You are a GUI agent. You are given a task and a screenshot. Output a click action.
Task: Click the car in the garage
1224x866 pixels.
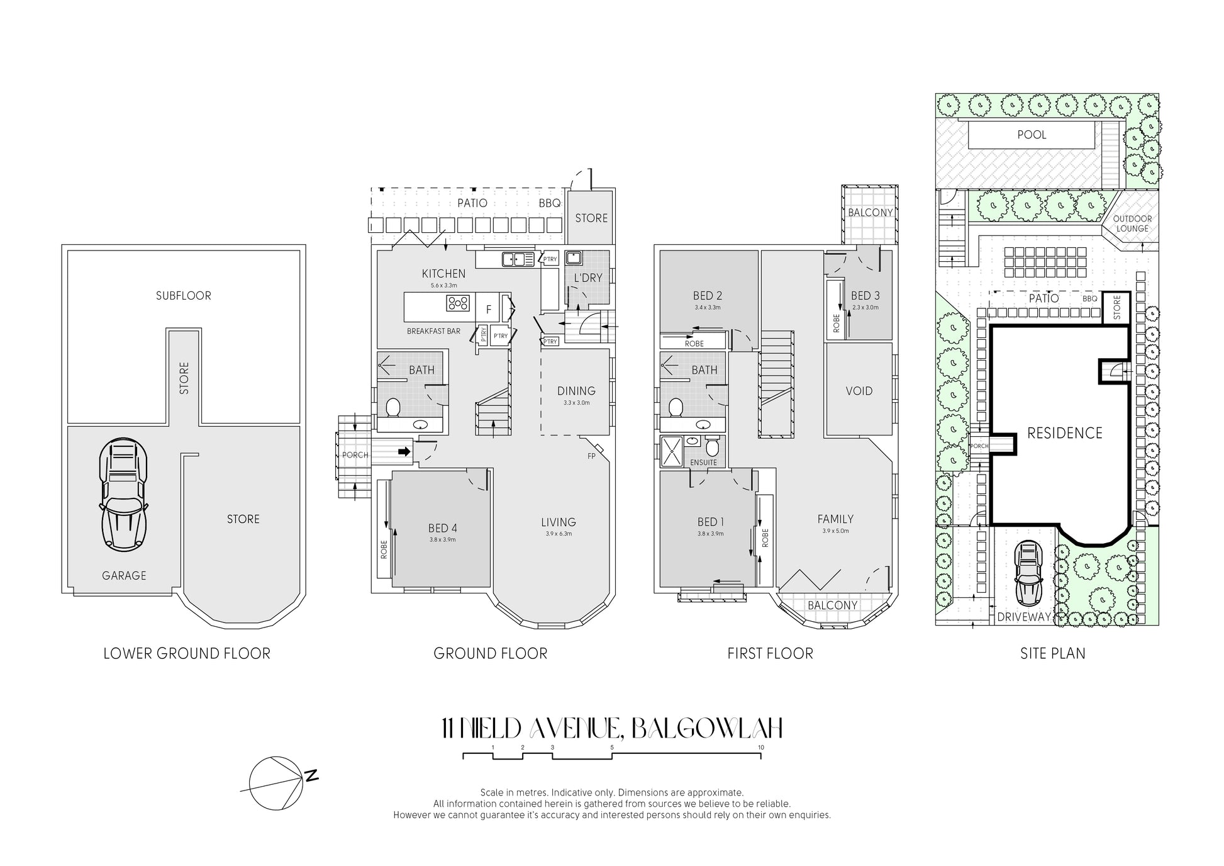pos(123,495)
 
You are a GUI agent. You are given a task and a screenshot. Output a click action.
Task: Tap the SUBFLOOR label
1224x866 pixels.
pos(184,296)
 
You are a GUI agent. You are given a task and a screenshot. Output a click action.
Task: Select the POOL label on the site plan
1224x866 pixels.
pos(1032,135)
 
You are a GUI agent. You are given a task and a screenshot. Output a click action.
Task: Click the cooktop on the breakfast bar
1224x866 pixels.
pos(458,303)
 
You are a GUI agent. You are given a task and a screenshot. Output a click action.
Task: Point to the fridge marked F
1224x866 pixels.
pos(489,310)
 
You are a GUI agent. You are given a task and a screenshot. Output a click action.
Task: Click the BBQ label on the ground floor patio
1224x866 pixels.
pos(550,203)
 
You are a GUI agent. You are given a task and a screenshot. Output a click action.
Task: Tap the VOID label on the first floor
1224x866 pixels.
pos(859,391)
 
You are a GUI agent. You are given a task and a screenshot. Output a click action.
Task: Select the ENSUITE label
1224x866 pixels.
pos(703,463)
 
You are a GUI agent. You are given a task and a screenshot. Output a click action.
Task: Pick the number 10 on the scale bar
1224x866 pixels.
pos(761,748)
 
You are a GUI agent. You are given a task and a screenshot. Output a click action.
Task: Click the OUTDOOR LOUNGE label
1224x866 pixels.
pos(1132,223)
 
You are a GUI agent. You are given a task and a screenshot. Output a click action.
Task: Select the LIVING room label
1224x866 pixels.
pos(559,522)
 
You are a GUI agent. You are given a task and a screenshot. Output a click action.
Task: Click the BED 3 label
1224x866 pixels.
pos(865,296)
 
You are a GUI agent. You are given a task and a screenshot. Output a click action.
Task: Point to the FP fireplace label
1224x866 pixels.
pos(591,456)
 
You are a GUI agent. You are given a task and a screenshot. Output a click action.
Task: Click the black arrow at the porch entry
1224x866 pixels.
pos(404,451)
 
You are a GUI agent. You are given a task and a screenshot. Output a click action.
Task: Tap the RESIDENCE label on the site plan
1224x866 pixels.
pos(1065,433)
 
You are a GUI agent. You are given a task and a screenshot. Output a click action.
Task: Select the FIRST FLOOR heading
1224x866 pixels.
pos(771,654)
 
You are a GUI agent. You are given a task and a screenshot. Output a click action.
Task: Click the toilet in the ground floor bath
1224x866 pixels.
pos(394,407)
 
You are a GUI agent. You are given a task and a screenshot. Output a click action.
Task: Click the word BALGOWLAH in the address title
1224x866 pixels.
pos(706,729)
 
